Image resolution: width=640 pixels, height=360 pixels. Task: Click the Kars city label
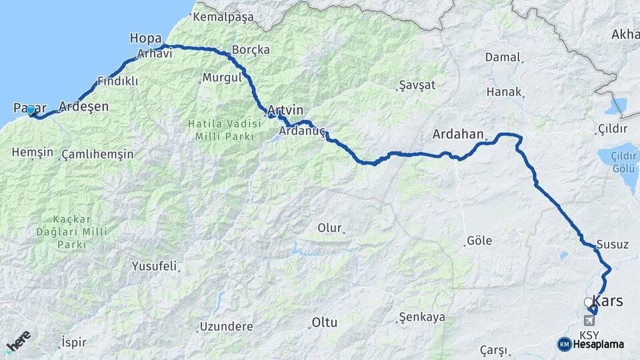[608, 301]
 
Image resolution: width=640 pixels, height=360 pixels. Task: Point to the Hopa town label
[145, 39]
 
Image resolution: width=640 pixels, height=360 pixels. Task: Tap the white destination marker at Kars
[588, 303]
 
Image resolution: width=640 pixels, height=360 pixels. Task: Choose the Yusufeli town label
[154, 267]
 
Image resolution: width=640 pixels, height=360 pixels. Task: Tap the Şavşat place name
[417, 85]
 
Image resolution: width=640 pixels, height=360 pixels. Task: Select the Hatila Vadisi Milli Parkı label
[211, 129]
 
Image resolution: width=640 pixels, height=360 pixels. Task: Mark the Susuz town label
[613, 245]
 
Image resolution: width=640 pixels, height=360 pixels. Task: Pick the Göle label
[479, 241]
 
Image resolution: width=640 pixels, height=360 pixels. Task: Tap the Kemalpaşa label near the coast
[223, 17]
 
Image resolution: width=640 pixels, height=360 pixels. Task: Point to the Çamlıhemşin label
[97, 155]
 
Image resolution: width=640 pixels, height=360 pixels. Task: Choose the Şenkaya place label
[421, 317]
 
